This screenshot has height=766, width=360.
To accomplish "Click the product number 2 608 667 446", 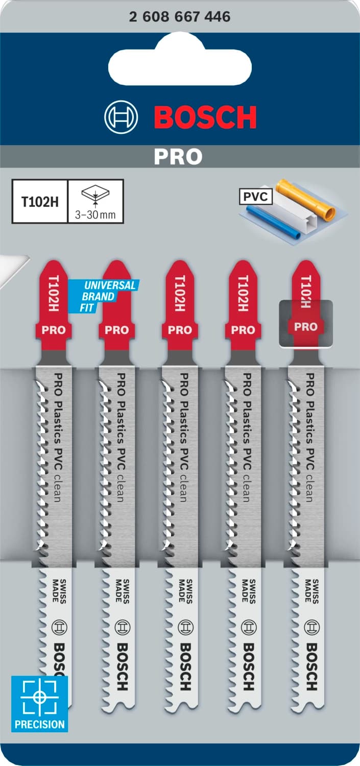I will tap(180, 17).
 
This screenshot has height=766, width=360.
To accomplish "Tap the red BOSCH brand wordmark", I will tap(205, 117).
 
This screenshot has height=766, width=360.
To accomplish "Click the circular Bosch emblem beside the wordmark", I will tap(121, 117).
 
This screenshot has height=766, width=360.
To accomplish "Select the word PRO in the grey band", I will tap(178, 157).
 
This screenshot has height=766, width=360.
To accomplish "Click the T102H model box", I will tap(40, 201).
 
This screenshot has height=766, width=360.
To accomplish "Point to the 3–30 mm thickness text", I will tap(95, 215).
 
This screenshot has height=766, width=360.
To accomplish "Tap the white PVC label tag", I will tap(256, 195).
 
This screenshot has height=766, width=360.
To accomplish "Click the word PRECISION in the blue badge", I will tap(39, 724).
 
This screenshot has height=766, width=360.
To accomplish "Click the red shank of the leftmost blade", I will tap(54, 306).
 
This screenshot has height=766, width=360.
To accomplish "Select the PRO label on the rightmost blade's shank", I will tap(305, 327).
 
